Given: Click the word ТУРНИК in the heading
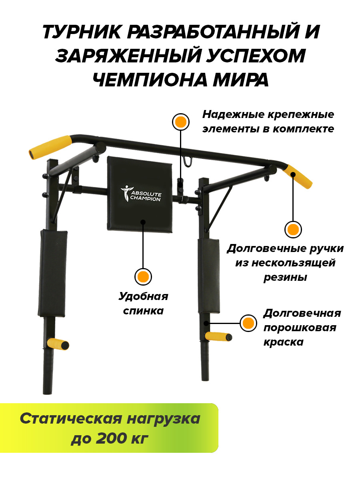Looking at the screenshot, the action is coord(81,32).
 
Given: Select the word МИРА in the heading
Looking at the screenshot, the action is coord(241,80).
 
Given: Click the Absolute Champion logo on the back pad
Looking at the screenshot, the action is coord(141,194).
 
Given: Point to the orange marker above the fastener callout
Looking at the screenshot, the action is coord(180,122).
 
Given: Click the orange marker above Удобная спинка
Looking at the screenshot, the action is coord(143,277).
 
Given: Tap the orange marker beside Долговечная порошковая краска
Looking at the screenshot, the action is coord(248,323).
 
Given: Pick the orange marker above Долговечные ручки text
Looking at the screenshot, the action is coord(293,230).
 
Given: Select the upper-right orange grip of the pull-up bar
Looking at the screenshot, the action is coord(298,176).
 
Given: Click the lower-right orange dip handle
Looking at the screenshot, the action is coord(218,336).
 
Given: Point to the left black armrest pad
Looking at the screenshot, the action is coord(53,273).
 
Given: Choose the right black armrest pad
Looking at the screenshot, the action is coord(209,276).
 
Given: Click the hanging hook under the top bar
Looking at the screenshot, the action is coord(188,161).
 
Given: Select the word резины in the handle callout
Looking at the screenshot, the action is coord(285,278).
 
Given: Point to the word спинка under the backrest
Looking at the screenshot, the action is coord(143,311).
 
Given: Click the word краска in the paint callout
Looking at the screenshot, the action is coord(284,342).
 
